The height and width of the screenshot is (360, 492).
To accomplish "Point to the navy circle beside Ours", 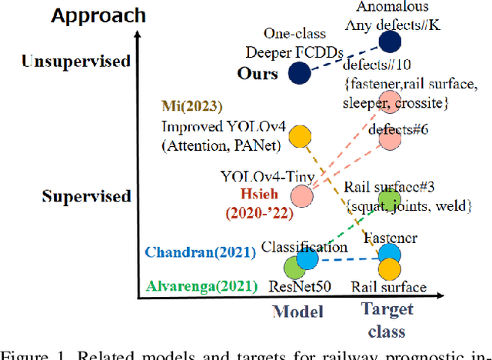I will [x=299, y=72].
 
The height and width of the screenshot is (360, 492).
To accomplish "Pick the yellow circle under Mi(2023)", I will [x=301, y=137].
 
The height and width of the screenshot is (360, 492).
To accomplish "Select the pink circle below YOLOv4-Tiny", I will [x=302, y=196].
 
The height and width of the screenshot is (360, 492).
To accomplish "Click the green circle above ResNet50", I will [x=294, y=267].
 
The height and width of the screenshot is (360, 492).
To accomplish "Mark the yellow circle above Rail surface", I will [x=390, y=268].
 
